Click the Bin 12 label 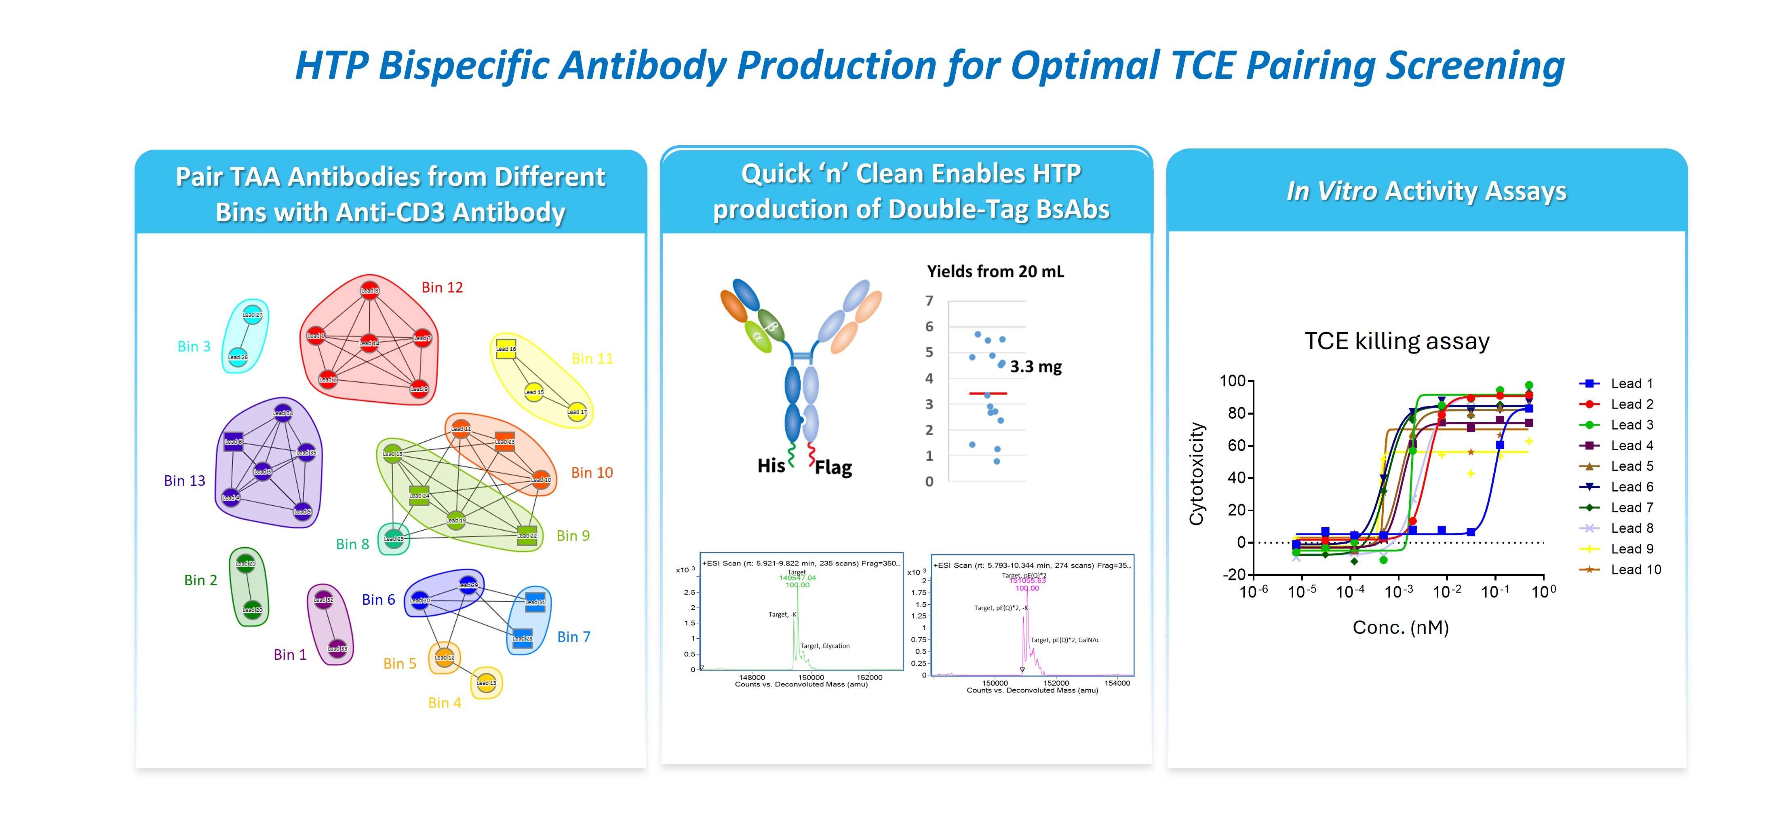tap(442, 287)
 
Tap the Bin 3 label tap(194, 347)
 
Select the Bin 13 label tap(185, 481)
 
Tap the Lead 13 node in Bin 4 tap(486, 683)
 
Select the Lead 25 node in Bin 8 tap(393, 538)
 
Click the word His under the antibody tap(771, 466)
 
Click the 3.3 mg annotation tap(1036, 366)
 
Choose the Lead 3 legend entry tap(1631, 425)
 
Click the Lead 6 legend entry tap(1631, 487)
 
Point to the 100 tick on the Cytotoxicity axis tap(1232, 381)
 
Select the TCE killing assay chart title tap(1397, 341)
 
